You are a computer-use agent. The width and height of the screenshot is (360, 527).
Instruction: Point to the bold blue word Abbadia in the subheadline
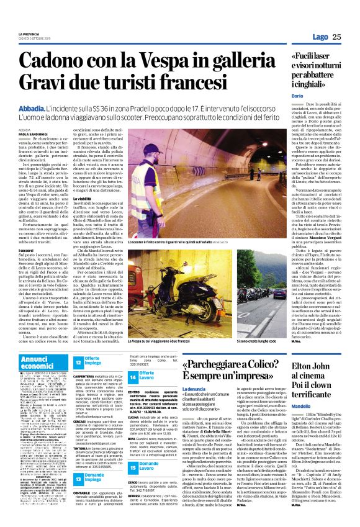pos(32,107)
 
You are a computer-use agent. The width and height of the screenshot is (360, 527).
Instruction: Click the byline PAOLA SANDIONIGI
pos(34,133)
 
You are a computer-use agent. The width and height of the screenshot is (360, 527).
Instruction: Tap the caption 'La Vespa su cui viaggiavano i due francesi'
pos(160,341)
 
